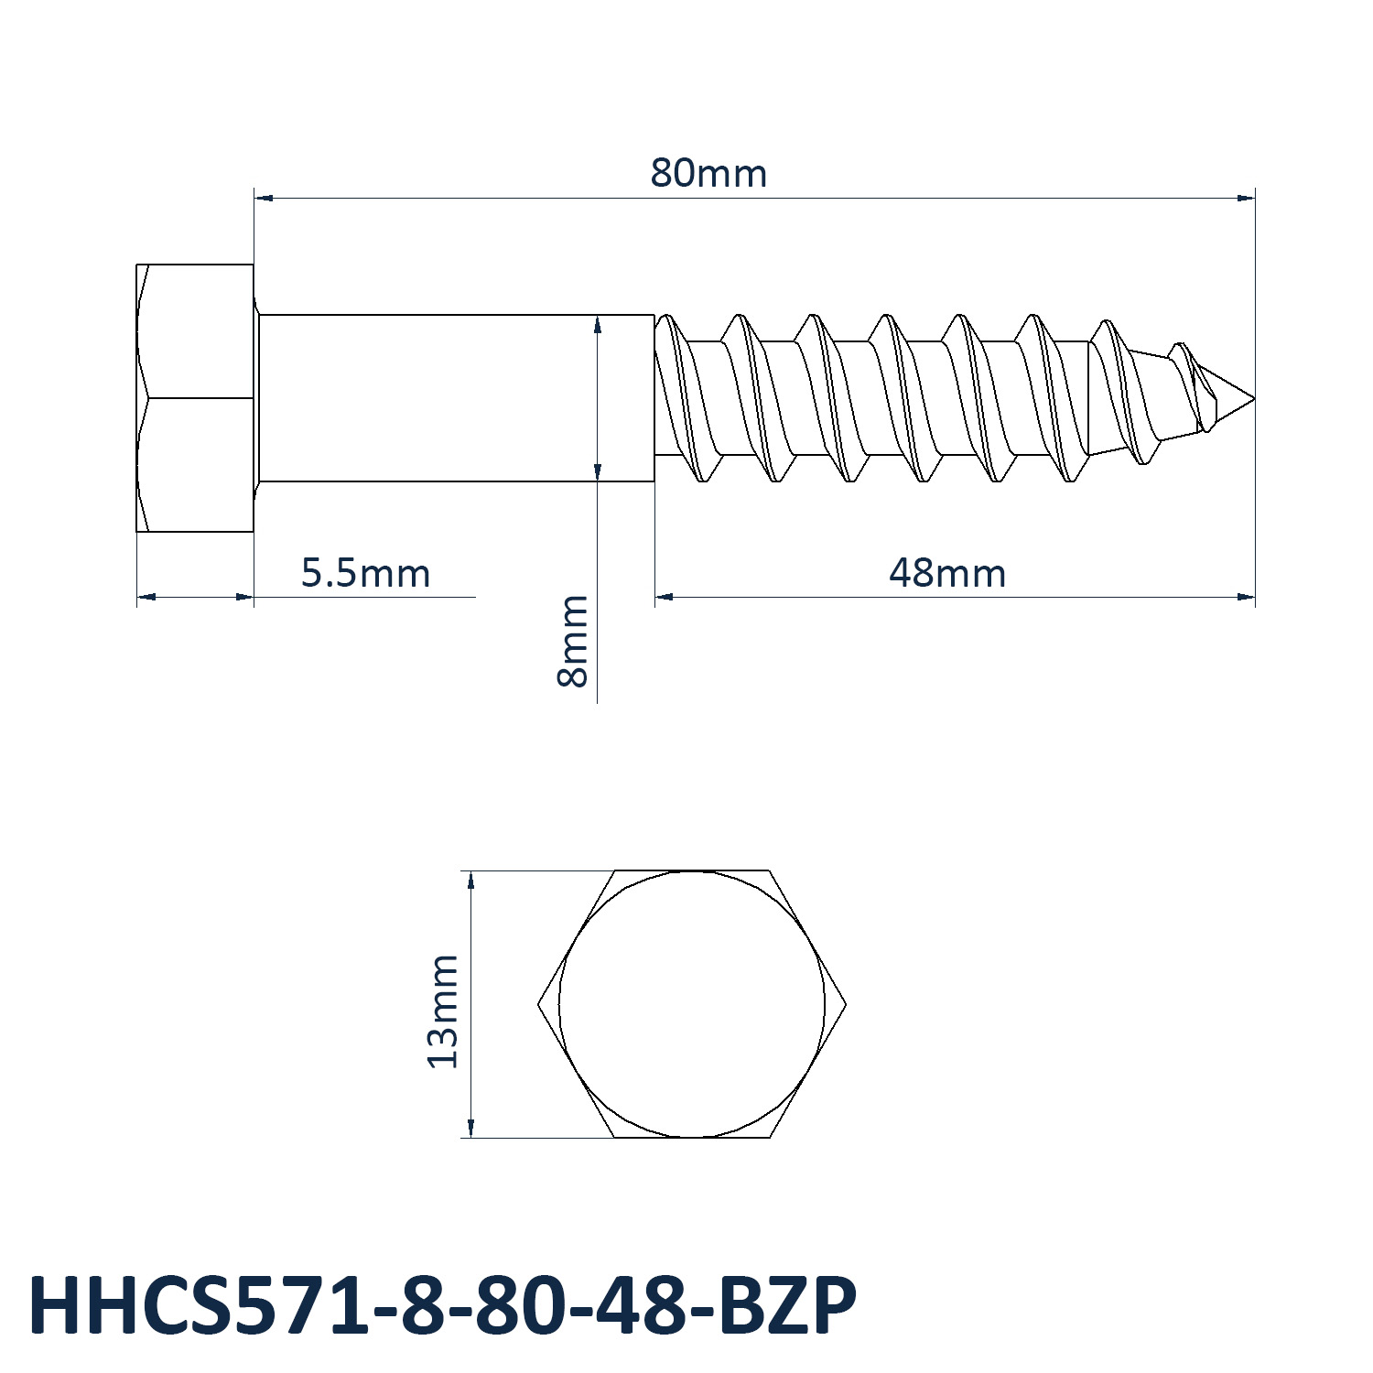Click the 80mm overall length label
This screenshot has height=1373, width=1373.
pos(708,173)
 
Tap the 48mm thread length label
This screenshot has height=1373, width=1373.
pos(947,573)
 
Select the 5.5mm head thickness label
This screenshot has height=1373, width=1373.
pos(365,573)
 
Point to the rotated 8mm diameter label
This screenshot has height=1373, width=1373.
pos(573,641)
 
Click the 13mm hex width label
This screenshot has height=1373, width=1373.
pos(442,1011)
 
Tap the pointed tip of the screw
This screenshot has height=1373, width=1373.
pos(1253,398)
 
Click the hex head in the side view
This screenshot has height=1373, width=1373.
pos(195,398)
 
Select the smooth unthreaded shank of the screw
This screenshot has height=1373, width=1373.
pos(456,398)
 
